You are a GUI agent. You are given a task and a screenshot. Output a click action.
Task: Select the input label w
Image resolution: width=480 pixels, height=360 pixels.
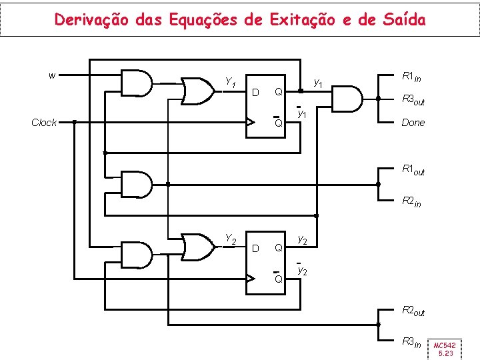coord(53,75)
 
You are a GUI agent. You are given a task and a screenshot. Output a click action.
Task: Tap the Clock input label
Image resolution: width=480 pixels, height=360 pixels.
coord(45,123)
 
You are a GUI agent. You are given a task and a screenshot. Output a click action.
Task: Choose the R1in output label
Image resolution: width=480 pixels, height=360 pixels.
coord(411,77)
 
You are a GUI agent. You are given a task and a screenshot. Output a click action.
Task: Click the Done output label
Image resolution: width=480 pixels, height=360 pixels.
coord(413,123)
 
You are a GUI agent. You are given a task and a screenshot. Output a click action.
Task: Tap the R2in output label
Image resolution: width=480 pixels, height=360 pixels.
coord(411,201)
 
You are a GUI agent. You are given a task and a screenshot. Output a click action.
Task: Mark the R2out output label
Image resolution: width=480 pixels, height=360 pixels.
coord(413,310)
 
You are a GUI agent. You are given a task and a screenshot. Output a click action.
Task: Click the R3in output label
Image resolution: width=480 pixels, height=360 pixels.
coord(411,342)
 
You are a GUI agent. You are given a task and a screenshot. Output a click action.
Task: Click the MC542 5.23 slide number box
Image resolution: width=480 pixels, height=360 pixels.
coord(445,349)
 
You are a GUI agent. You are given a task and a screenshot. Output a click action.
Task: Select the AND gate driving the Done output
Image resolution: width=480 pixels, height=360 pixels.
coord(347,99)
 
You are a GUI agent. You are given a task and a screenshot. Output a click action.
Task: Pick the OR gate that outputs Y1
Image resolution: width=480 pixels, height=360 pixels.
coord(197,91)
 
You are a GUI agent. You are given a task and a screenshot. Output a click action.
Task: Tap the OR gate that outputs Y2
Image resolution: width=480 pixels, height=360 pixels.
coord(197,246)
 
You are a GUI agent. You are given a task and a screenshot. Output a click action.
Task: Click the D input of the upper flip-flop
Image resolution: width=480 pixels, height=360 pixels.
coord(255,91)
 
